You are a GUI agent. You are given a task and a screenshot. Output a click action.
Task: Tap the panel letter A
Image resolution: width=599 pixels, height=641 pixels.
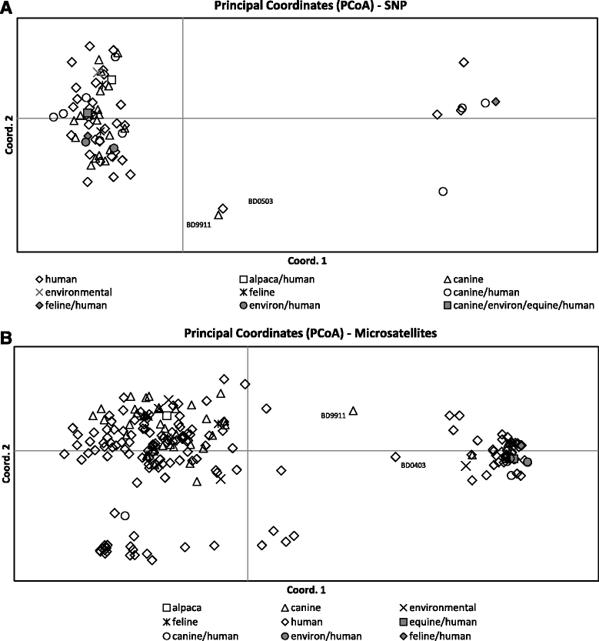6,7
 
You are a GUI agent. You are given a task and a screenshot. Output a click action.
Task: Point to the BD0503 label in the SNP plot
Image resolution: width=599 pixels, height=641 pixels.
261,202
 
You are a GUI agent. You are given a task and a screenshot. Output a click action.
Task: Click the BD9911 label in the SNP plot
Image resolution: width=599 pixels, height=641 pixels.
199,225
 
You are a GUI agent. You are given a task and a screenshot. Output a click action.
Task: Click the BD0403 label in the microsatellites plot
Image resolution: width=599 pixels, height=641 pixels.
413,464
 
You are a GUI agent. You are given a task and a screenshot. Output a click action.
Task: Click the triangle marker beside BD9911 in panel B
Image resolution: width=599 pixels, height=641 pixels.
354,411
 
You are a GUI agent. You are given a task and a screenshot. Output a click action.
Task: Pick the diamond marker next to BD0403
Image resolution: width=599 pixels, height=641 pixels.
395,456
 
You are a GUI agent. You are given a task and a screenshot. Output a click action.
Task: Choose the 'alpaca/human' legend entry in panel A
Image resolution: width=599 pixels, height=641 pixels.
280,279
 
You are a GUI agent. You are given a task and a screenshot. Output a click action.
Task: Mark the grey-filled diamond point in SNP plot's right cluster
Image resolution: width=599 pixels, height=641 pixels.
496,102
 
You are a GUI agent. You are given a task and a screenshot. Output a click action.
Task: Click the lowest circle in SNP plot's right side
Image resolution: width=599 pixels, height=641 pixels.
443,191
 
